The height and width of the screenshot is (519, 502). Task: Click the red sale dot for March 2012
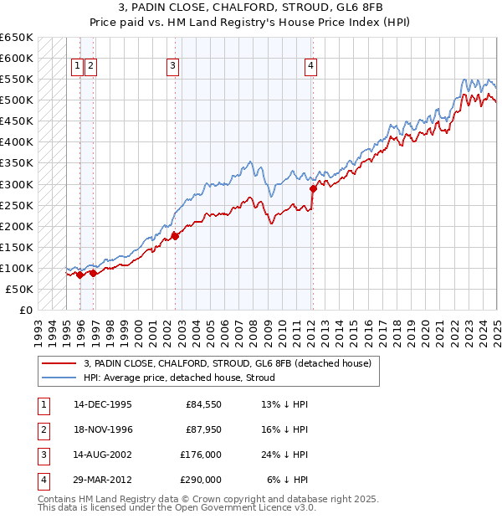(x=313, y=188)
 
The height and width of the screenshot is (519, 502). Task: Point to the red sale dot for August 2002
(x=176, y=236)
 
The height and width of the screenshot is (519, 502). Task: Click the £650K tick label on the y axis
(x=16, y=38)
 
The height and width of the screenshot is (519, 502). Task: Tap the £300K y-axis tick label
(x=16, y=184)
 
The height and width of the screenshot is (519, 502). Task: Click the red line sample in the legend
(x=59, y=363)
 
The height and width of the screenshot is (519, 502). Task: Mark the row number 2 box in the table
(x=41, y=429)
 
